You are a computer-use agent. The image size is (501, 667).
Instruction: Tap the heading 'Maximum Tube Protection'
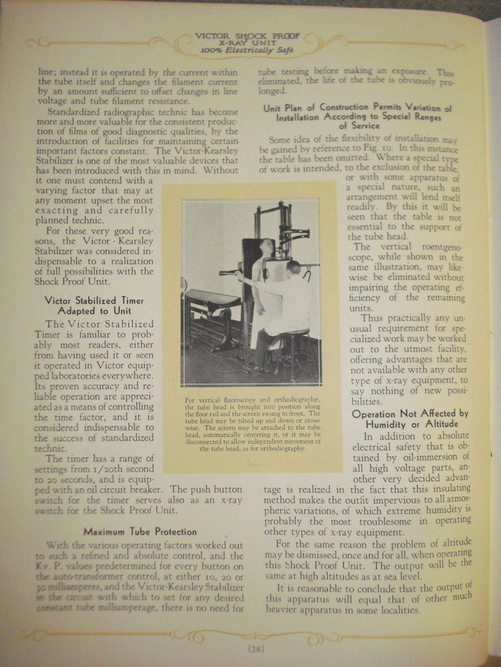140,532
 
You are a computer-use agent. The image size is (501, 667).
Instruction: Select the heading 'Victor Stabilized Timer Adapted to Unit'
94,305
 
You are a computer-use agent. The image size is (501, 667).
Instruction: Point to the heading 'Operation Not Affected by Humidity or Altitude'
410,419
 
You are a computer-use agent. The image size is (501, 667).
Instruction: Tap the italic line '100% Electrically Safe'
247,50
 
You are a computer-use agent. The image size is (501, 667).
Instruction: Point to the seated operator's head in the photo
293,267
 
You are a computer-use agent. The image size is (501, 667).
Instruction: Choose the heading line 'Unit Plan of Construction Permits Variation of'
357,108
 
